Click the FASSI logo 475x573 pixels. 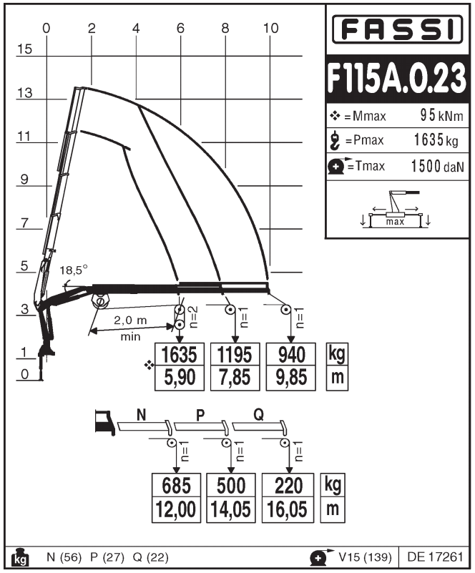click(x=398, y=29)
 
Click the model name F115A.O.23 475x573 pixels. click(x=398, y=79)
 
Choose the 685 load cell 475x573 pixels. click(x=176, y=486)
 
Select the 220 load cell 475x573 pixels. click(x=288, y=486)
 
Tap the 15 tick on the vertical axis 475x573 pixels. click(x=26, y=49)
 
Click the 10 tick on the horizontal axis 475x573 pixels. click(x=270, y=28)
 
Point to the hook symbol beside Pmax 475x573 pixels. click(x=335, y=141)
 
